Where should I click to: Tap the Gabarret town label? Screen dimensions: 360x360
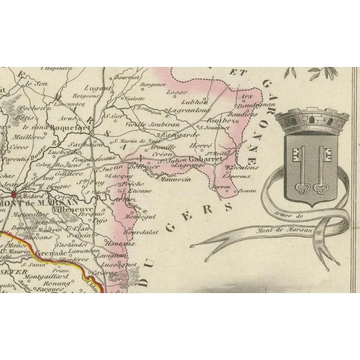coord(206,159)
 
